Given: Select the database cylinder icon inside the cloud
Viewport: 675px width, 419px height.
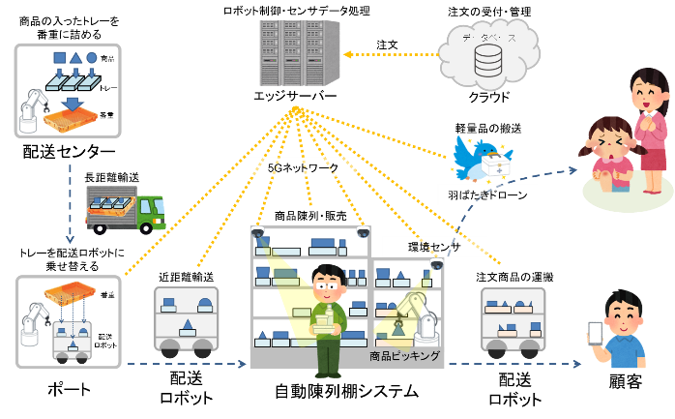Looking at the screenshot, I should pyautogui.click(x=488, y=61).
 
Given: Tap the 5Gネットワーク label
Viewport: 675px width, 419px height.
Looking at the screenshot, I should pyautogui.click(x=303, y=167).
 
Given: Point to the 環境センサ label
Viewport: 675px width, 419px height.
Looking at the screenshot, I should pyautogui.click(x=433, y=247).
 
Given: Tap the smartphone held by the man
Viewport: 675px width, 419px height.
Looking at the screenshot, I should pyautogui.click(x=596, y=333).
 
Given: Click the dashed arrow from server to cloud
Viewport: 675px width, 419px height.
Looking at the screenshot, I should pyautogui.click(x=387, y=54).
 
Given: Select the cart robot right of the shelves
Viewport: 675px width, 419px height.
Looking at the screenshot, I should pyautogui.click(x=514, y=320).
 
